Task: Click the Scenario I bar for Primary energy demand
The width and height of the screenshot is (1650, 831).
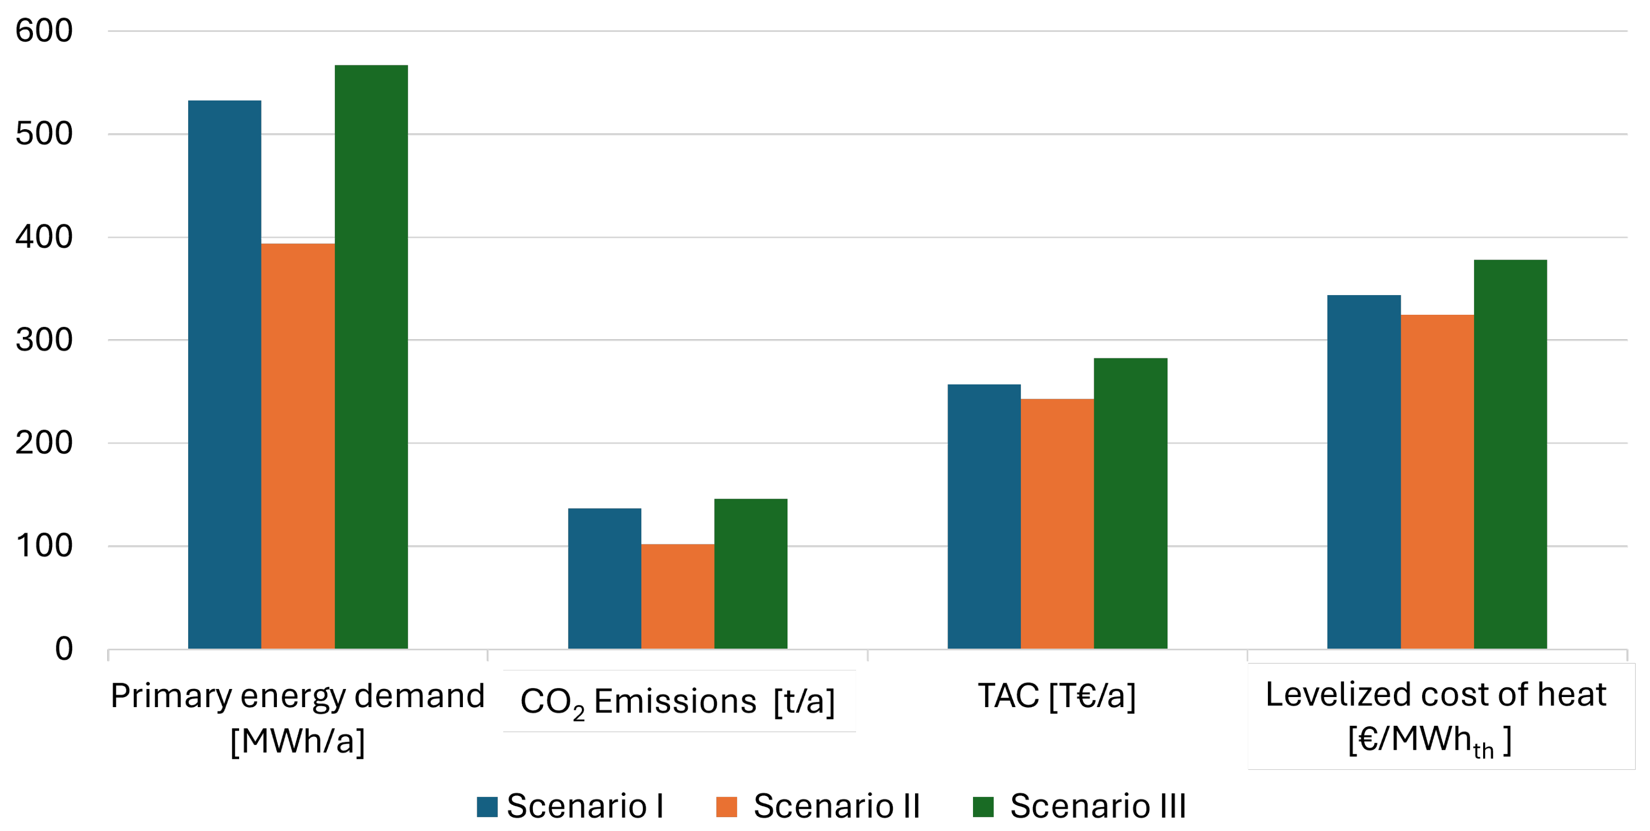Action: tap(224, 375)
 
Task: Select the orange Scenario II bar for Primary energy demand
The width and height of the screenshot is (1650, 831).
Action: tap(298, 447)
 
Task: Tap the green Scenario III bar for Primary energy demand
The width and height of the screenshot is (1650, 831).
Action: tap(371, 357)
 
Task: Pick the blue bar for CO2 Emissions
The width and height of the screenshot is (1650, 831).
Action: tap(604, 578)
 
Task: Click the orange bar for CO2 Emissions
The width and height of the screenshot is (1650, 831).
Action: tap(678, 597)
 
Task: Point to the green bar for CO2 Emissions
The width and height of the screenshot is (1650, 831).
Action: tap(751, 574)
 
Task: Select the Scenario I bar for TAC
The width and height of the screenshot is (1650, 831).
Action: tap(984, 516)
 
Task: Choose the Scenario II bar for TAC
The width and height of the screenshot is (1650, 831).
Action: tap(1057, 524)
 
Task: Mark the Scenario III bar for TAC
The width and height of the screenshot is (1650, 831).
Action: tap(1130, 503)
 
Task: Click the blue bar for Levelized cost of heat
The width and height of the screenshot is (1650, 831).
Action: tap(1364, 472)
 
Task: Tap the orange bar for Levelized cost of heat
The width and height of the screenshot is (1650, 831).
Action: tap(1437, 482)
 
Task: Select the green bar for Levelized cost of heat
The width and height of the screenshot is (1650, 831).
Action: tap(1510, 454)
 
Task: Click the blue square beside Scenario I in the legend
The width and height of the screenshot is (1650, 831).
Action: tap(487, 807)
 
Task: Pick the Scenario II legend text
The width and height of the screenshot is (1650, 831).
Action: tap(836, 806)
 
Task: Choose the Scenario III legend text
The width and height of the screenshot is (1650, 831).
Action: tap(1098, 806)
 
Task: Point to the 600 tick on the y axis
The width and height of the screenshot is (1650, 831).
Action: tap(44, 31)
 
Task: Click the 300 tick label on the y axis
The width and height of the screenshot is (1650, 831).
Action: tap(44, 340)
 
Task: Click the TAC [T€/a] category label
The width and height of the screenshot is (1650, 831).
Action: tap(1057, 696)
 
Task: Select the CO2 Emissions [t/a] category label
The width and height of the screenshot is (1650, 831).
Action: tap(678, 702)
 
